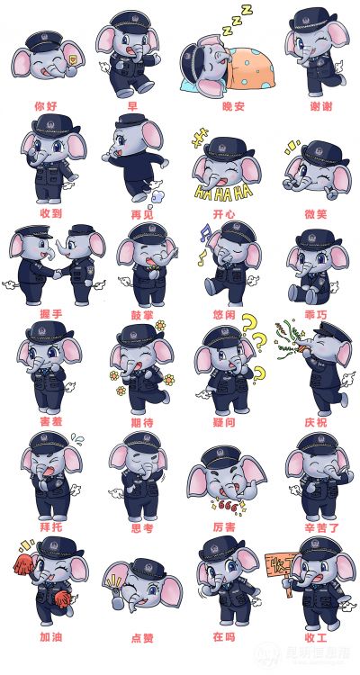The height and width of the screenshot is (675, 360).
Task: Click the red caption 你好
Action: pos(46,105)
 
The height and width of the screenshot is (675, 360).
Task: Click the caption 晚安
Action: pos(233,106)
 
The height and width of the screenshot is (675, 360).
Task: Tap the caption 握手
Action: pos(50,314)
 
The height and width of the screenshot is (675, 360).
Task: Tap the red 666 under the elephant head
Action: pos(227,504)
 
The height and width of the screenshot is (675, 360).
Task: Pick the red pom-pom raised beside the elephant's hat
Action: pos(24,564)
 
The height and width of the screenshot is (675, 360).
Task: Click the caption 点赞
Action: pos(142,638)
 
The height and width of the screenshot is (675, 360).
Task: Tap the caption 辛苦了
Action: pos(321,526)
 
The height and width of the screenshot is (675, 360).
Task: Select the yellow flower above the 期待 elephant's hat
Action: pos(160,325)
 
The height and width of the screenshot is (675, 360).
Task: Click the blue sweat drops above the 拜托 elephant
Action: pos(77,438)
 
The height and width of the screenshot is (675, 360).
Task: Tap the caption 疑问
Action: pos(224,422)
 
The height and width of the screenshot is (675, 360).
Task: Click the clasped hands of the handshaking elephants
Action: pos(58,274)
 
